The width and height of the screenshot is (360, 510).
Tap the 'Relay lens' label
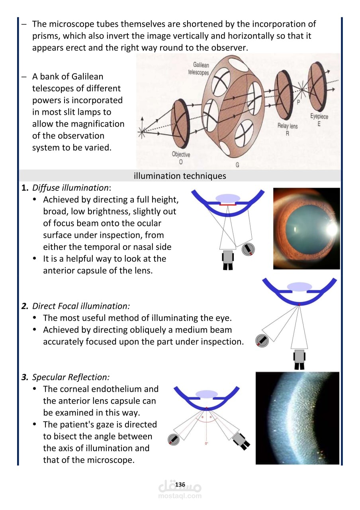click(287, 126)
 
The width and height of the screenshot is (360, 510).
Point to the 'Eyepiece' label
click(319, 116)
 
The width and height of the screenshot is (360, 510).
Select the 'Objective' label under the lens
click(181, 155)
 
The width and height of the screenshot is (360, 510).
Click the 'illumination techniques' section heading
click(180, 176)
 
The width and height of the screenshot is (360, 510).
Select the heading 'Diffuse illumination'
click(70, 188)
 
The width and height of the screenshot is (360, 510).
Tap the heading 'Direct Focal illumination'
click(81, 306)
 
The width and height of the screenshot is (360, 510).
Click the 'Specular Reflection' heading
click(70, 377)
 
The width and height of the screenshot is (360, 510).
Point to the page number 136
click(180, 484)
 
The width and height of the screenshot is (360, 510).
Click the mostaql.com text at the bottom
click(180, 496)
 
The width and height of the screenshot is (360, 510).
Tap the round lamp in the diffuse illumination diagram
click(248, 249)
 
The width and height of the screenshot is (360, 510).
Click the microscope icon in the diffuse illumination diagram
click(228, 259)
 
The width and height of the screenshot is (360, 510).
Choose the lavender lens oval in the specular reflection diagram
click(206, 394)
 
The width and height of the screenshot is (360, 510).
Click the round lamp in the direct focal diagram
click(262, 340)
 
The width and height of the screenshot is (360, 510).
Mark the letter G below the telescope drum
click(238, 165)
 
